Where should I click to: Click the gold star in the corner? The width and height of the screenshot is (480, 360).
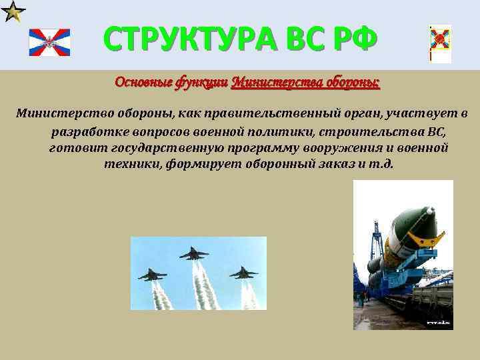click(13, 11)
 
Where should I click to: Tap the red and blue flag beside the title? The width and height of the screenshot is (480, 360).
click(49, 43)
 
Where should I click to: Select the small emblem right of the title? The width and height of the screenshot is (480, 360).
click(440, 43)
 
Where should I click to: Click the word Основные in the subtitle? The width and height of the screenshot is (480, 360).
click(143, 83)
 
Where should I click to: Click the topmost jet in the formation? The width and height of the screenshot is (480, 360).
click(193, 253)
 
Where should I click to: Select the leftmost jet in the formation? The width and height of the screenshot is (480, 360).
click(152, 274)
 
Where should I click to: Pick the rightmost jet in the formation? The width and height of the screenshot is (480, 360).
click(243, 272)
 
